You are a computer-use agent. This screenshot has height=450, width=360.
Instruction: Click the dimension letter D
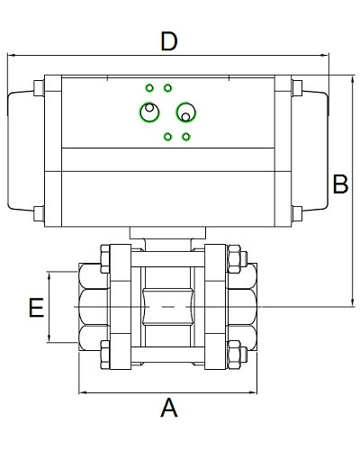(169, 41)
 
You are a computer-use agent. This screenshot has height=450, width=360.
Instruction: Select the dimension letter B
(340, 184)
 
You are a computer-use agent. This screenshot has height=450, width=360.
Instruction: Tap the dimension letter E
(37, 308)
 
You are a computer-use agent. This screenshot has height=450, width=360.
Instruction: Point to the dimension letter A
(169, 407)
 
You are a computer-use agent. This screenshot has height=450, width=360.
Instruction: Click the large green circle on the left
(139, 112)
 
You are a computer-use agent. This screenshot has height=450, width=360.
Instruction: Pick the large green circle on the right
(195, 112)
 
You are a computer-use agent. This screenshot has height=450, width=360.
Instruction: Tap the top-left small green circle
(149, 88)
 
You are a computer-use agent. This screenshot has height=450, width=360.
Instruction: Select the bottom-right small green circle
(186, 137)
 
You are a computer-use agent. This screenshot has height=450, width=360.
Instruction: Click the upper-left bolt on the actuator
(39, 88)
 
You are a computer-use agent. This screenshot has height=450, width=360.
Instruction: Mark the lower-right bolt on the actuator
(297, 213)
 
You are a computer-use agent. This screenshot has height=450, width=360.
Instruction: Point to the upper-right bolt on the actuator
(297, 88)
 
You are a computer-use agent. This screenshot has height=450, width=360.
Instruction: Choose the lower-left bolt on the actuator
(39, 213)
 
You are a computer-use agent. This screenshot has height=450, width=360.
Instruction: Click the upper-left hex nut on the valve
(105, 259)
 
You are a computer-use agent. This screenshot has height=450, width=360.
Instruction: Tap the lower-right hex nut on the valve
(234, 355)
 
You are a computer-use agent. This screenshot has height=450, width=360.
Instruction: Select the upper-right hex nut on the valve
(234, 259)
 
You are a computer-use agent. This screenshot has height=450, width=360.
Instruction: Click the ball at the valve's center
(168, 307)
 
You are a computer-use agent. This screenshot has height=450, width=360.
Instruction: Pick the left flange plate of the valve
(121, 307)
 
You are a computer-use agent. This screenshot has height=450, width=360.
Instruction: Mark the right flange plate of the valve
(215, 307)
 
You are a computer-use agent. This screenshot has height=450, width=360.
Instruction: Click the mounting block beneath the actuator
(168, 233)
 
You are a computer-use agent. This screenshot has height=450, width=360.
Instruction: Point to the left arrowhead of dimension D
(11, 55)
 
